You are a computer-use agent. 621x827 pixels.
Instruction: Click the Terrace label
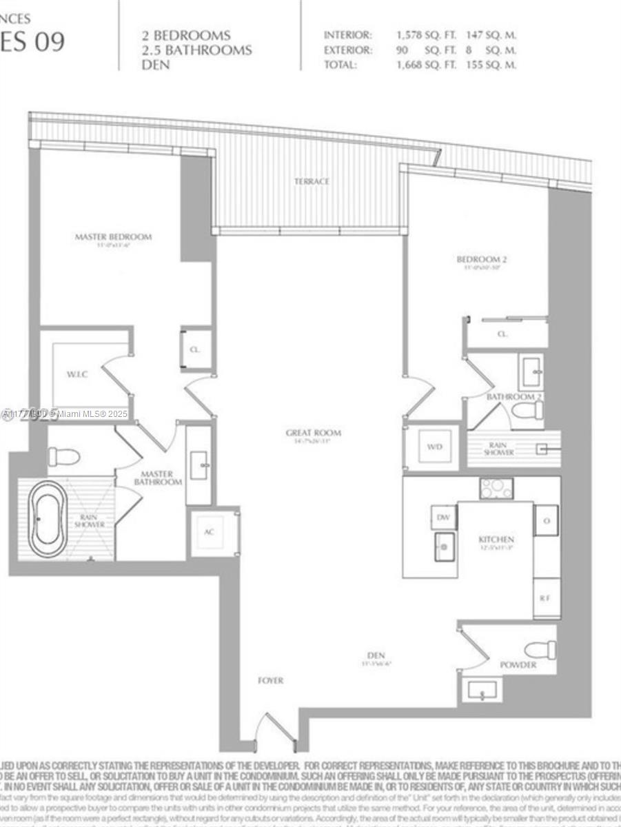[312, 181]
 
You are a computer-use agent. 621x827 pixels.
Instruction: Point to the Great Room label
[314, 433]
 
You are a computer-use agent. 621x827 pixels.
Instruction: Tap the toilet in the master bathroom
[63, 456]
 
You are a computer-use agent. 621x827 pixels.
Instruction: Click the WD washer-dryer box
[434, 447]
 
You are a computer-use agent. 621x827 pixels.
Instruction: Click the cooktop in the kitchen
[496, 488]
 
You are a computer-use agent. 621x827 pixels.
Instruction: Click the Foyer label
[270, 680]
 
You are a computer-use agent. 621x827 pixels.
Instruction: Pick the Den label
[376, 655]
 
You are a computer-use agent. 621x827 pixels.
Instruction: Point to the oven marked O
[546, 520]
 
